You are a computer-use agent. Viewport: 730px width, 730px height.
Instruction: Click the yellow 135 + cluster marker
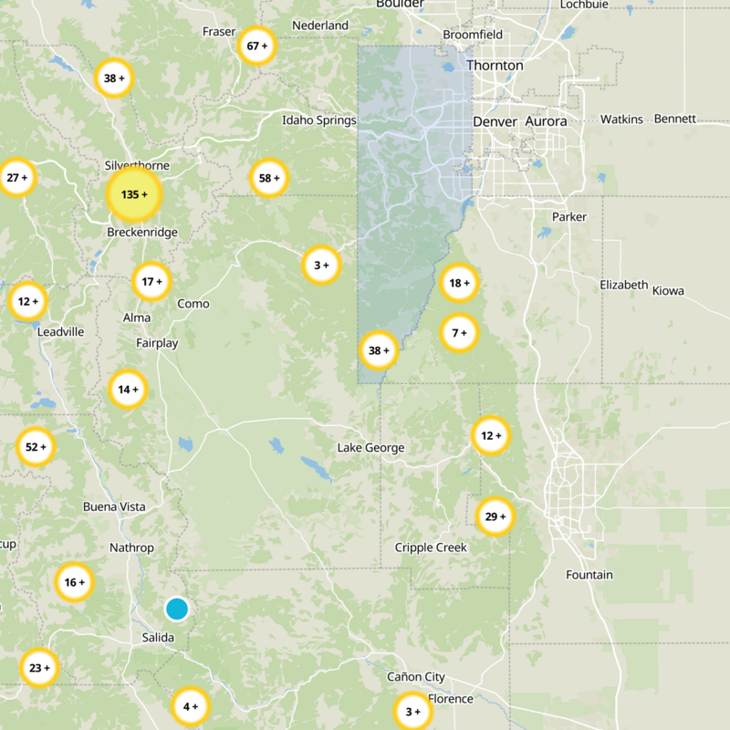[133, 194]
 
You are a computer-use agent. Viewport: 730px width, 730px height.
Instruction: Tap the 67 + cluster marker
[257, 46]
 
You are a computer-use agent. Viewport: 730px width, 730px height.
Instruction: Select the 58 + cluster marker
[269, 178]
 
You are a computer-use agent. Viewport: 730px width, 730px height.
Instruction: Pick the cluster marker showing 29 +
[495, 517]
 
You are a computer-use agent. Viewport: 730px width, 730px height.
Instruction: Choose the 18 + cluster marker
[458, 284]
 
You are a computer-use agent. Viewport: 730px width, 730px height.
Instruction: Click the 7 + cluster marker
[459, 333]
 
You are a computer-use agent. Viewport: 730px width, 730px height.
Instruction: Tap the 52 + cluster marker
[36, 447]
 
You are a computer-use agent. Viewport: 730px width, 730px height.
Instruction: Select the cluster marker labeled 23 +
[39, 668]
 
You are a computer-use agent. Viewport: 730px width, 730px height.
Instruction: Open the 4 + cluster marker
[190, 706]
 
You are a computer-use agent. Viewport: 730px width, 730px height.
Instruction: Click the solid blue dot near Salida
[177, 609]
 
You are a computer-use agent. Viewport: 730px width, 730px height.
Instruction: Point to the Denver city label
[495, 121]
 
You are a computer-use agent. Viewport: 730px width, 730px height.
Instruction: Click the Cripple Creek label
[431, 547]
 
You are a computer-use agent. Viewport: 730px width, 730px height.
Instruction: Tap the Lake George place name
[370, 448]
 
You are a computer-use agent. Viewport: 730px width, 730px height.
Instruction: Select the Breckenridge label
[142, 233]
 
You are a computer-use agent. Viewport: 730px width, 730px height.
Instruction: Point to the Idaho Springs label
[318, 120]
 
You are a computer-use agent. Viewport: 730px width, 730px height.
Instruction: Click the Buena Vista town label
[114, 506]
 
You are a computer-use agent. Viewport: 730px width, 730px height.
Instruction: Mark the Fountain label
[589, 575]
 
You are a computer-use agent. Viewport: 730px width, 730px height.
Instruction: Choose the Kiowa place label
[667, 291]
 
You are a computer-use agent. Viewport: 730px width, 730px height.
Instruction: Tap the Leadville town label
[60, 332]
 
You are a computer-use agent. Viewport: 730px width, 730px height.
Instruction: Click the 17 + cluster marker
[151, 282]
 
